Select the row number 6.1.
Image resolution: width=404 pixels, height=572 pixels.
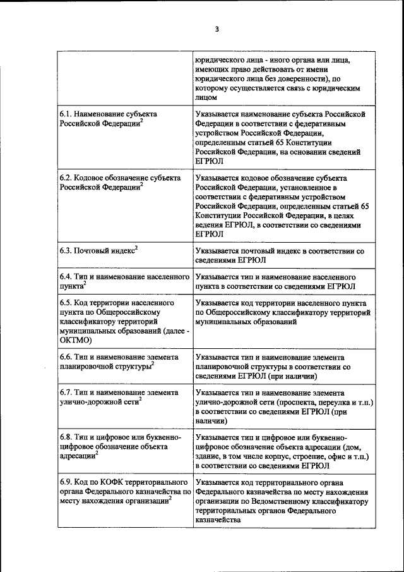point(66,114)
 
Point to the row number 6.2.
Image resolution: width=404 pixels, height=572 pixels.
point(66,178)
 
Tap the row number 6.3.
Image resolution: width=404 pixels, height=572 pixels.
point(66,251)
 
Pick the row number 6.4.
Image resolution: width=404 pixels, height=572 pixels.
point(66,277)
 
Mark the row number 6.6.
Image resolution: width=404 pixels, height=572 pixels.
point(66,357)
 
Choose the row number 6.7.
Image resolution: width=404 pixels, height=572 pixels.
point(66,392)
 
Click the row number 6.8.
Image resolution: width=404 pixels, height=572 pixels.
point(66,437)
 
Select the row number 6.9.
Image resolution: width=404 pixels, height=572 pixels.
point(66,482)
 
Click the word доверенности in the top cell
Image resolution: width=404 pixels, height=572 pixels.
point(296,79)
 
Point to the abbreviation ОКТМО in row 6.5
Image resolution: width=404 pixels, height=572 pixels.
point(76,340)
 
